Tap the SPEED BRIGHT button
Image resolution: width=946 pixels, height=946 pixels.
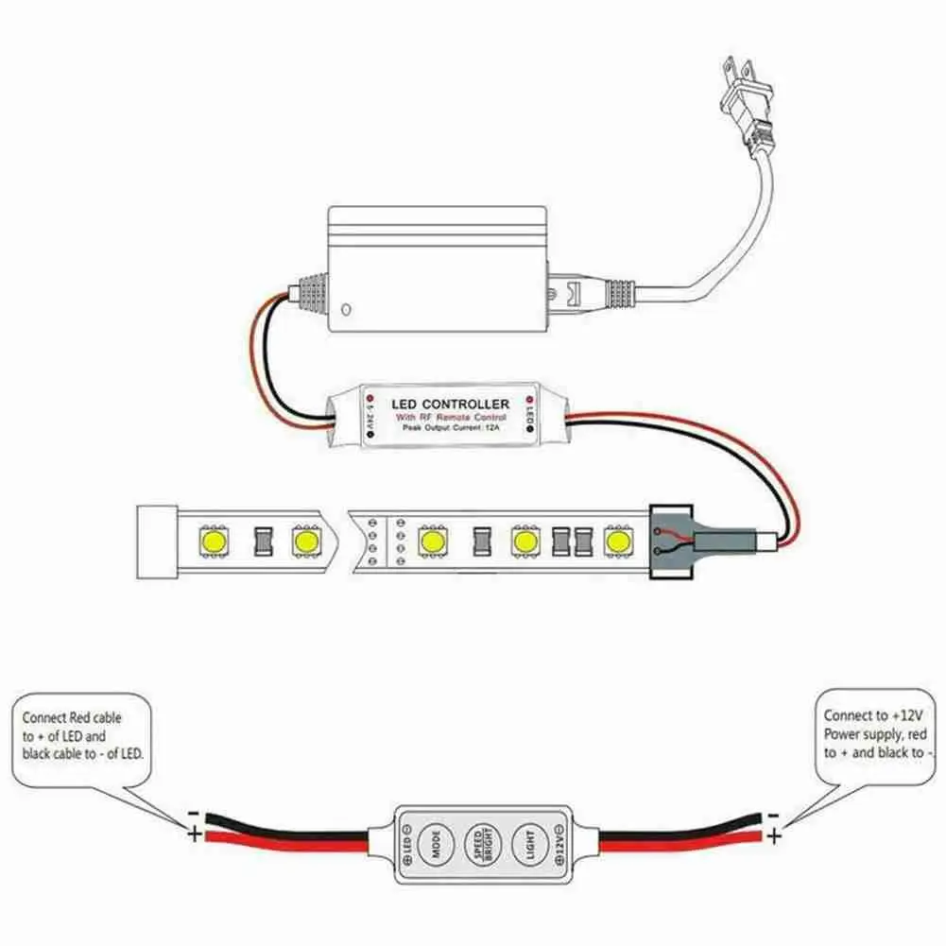(481, 840)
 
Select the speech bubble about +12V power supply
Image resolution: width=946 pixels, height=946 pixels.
(872, 734)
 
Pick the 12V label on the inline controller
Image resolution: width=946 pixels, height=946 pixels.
(564, 840)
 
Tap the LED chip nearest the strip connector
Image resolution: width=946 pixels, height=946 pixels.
(618, 542)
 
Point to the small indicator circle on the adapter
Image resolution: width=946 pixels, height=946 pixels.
(348, 308)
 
